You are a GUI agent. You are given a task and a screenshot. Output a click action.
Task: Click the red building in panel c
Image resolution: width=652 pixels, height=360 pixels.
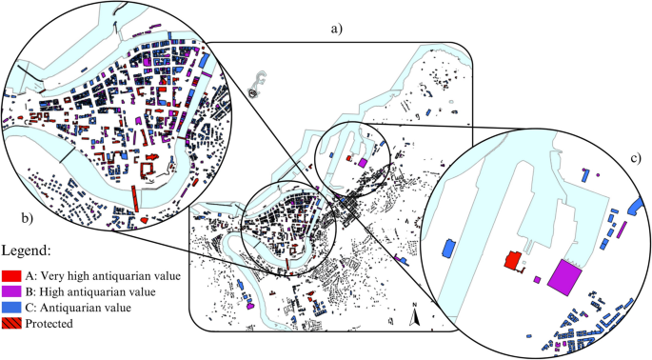(513, 260)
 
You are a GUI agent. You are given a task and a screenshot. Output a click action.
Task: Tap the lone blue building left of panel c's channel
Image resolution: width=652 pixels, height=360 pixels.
(447, 249)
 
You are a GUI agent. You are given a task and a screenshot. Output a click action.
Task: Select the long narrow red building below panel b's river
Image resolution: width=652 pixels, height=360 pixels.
(134, 199)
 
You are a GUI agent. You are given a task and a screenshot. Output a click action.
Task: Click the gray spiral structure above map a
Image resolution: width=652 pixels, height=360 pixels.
(251, 88)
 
